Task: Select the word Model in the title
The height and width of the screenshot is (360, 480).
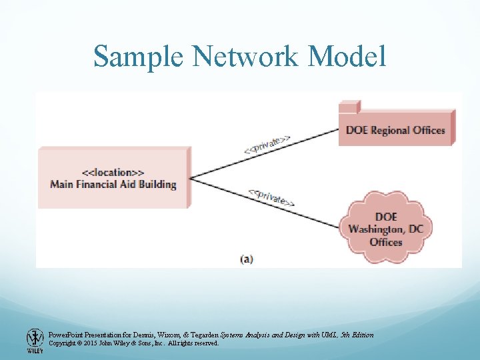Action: point(347,56)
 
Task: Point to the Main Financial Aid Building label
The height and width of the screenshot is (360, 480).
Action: point(113,184)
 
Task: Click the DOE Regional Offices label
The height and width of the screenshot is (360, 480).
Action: point(395,130)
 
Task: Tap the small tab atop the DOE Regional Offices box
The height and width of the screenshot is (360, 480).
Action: point(349,105)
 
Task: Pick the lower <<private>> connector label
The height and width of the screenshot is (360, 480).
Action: point(271,198)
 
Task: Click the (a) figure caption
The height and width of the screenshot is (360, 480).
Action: point(247,259)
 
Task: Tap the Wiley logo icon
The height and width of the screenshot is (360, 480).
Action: point(35,337)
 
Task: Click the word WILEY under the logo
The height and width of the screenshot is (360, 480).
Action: point(35,351)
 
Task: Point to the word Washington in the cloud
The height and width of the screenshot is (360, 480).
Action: point(386,229)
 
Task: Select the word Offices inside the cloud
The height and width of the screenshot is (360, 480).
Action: point(386,241)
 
